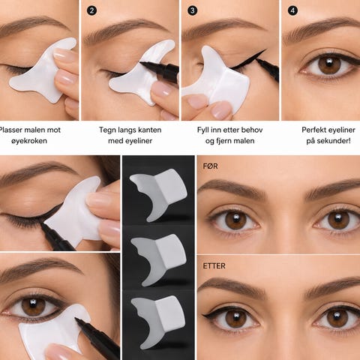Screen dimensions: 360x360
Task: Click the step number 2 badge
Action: pos(91,10)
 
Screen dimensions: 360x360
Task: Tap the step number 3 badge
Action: pos(192,10)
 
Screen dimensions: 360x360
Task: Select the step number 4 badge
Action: pos(292,10)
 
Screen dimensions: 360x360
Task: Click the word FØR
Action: pos(210,166)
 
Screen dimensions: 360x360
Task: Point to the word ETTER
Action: pos(214,265)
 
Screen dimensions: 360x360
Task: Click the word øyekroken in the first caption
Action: pos(29,141)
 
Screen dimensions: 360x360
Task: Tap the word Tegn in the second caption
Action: pos(107,130)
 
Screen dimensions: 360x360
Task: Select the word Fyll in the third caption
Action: pos(202,130)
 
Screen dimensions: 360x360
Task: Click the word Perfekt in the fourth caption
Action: pos(313,130)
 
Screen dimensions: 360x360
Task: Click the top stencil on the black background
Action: pos(158,194)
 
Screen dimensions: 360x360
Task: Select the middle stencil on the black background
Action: pos(158,259)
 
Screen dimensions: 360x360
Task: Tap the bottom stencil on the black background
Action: pos(158,322)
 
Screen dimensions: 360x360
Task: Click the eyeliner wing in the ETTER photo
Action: pos(208,315)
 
